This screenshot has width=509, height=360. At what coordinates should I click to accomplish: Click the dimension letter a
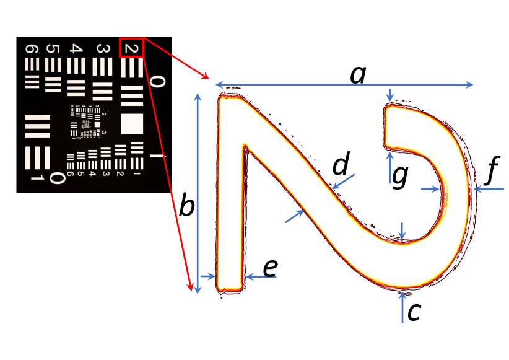point(358,75)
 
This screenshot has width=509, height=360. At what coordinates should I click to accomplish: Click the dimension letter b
point(186,206)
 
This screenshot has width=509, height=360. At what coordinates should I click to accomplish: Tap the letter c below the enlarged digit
point(414,311)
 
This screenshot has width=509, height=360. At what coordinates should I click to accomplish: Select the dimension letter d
point(341,165)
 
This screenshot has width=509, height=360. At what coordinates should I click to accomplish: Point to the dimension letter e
point(269,268)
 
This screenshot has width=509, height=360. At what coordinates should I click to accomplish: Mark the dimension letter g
point(401,176)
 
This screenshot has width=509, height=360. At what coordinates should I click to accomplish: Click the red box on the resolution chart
point(131,48)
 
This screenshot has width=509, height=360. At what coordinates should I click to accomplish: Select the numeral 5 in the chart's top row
point(53,49)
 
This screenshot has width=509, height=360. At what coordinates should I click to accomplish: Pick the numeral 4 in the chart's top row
point(76,49)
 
